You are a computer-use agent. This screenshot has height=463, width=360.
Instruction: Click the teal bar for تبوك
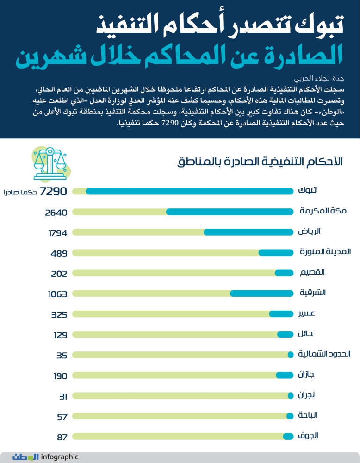(x=190, y=191)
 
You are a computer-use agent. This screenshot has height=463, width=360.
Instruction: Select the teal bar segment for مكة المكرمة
(x=230, y=212)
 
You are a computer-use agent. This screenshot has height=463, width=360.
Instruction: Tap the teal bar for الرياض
(x=248, y=232)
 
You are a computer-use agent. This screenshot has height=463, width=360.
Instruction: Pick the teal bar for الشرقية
(x=261, y=293)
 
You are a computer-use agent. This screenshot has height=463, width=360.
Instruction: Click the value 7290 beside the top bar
(x=54, y=192)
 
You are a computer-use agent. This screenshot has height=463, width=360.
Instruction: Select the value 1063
(x=58, y=294)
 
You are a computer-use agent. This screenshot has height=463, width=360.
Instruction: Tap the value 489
(x=60, y=253)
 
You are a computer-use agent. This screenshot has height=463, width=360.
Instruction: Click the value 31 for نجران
(x=63, y=396)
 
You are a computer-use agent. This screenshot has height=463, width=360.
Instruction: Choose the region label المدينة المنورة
(x=325, y=252)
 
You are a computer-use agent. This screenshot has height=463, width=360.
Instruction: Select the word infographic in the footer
(x=60, y=457)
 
